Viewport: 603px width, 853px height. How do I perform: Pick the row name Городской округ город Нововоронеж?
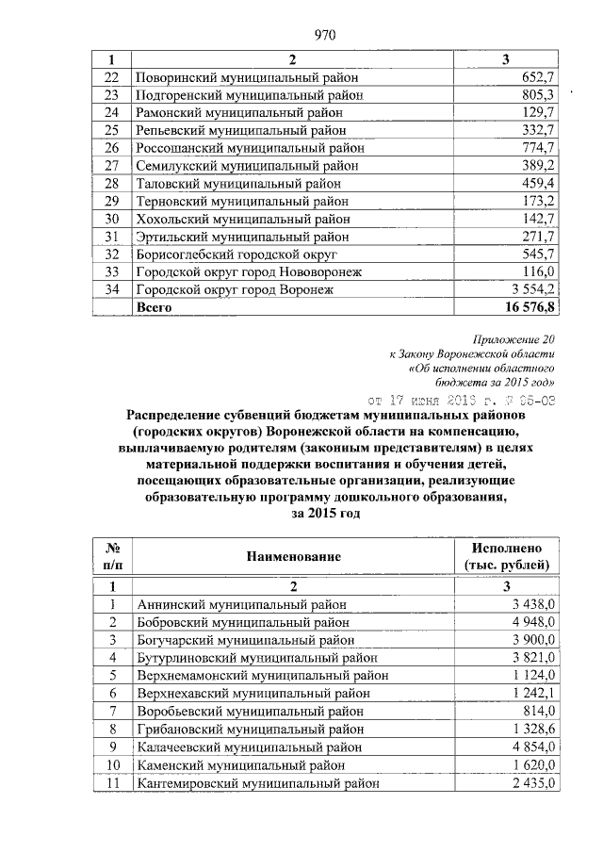(x=249, y=271)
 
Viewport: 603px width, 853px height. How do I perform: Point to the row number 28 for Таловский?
(x=112, y=183)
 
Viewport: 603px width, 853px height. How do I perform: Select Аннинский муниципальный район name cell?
(x=242, y=604)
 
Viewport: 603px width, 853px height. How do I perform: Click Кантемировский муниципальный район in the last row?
(x=258, y=782)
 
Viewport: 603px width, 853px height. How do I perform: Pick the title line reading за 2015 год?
(x=321, y=513)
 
